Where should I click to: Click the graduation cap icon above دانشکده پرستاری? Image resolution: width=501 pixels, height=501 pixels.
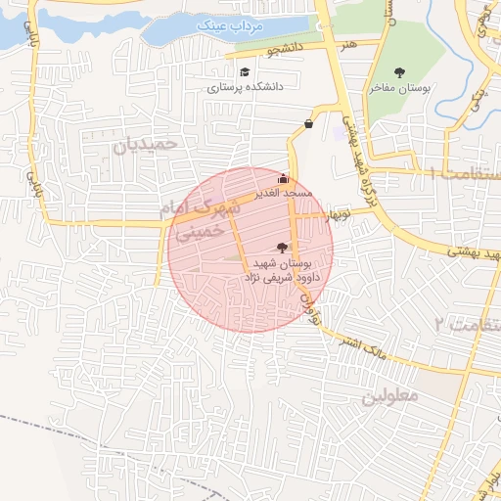click(245, 72)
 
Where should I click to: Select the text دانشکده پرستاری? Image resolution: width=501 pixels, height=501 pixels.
click(245, 87)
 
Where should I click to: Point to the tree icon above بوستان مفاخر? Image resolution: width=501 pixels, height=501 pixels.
click(399, 71)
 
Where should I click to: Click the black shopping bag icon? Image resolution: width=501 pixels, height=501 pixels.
click(309, 123)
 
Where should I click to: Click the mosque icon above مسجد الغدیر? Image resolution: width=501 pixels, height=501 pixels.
click(284, 179)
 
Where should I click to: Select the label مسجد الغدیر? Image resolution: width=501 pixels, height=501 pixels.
click(284, 194)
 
